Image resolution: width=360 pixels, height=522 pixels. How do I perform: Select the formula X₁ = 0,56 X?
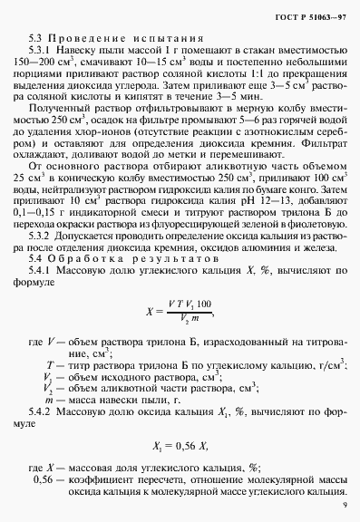point(180,448)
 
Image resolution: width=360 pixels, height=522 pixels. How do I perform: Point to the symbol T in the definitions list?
point(46,363)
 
